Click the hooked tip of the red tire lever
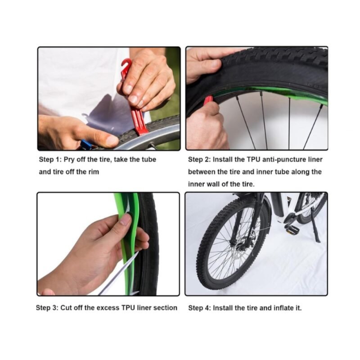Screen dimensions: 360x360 pos(126,63)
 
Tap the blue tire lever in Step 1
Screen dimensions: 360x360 pos(85,144)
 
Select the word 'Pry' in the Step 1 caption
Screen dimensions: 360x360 pos(69,160)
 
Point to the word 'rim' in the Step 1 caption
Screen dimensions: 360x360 pos(94,172)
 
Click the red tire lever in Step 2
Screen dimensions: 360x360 pos(208,101)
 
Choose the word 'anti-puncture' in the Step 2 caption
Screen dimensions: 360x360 pos(284,160)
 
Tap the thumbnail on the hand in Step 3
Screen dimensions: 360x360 pos(126,219)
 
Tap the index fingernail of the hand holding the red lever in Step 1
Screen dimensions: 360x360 pos(133,99)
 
